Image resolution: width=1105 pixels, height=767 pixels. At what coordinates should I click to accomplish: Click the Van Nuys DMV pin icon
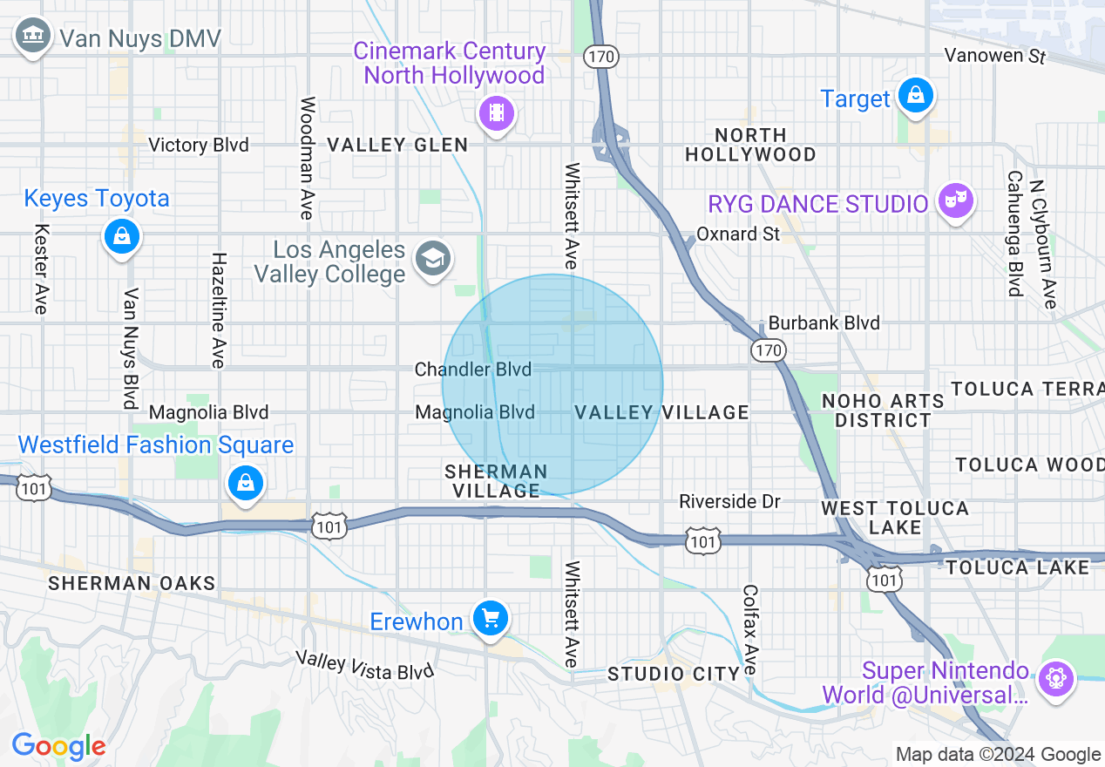32,37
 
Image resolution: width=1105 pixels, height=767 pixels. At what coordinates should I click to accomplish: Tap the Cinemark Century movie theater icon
496,112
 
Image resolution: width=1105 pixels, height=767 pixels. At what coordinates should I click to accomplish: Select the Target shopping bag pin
916,95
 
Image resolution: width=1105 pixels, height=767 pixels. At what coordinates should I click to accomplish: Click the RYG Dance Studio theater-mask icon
955,200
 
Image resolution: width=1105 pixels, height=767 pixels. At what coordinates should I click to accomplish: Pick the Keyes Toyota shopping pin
121,236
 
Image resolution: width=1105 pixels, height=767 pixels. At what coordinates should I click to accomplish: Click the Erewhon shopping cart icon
491,619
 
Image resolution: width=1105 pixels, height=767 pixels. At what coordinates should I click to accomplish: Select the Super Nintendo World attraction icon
1055,678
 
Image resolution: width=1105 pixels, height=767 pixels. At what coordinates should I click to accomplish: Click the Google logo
58,746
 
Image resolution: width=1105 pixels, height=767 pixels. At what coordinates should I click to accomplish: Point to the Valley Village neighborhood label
661,412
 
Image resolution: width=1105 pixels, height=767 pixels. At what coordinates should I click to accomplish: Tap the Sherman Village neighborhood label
496,481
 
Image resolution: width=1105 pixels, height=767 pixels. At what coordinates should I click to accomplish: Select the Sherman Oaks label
132,583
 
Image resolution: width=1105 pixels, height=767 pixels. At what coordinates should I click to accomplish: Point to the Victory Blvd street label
199,145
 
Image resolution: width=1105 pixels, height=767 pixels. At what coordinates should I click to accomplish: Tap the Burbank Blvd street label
824,322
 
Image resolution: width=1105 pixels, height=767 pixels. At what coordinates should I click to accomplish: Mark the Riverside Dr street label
729,501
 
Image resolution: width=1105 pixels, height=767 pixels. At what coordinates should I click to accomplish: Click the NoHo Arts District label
883,411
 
